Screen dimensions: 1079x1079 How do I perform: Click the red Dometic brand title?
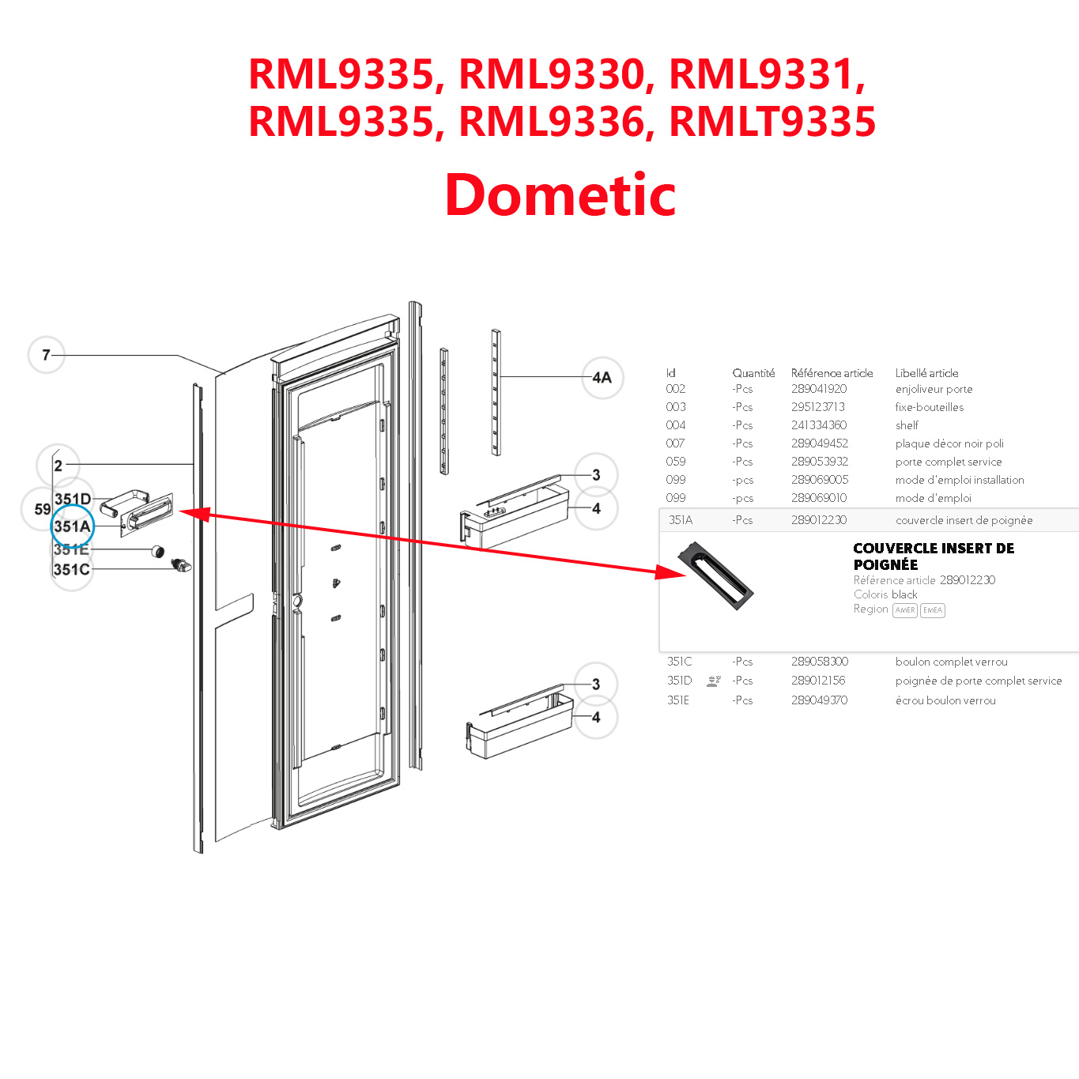coord(560,195)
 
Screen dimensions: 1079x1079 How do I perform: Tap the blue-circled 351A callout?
coord(73,526)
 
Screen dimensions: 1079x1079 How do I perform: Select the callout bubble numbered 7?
coord(47,355)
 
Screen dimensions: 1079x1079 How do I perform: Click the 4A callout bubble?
coord(602,378)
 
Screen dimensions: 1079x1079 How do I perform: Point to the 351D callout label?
coord(73,499)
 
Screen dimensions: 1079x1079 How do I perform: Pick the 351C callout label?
coord(71,569)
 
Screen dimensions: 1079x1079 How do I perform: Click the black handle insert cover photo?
coord(716,575)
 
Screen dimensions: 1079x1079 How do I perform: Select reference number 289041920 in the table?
coord(819,389)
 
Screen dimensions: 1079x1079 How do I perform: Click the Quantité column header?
coord(753,373)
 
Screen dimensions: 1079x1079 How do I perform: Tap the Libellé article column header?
coord(926,373)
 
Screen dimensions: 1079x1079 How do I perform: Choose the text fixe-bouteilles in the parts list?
coord(930,407)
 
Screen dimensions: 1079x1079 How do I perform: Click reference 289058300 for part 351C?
coord(820,662)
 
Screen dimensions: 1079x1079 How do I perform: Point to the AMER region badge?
coord(905,610)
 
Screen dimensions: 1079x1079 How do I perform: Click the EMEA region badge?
coord(933,610)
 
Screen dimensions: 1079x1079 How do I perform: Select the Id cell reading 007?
coord(675,443)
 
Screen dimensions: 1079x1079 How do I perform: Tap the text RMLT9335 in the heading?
coord(772,122)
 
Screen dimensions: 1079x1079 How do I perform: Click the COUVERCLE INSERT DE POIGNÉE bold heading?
coord(933,556)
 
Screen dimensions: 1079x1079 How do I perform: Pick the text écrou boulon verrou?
coord(945,700)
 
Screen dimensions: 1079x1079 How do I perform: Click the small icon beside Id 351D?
coord(714,681)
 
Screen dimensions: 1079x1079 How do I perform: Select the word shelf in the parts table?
coord(907,425)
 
